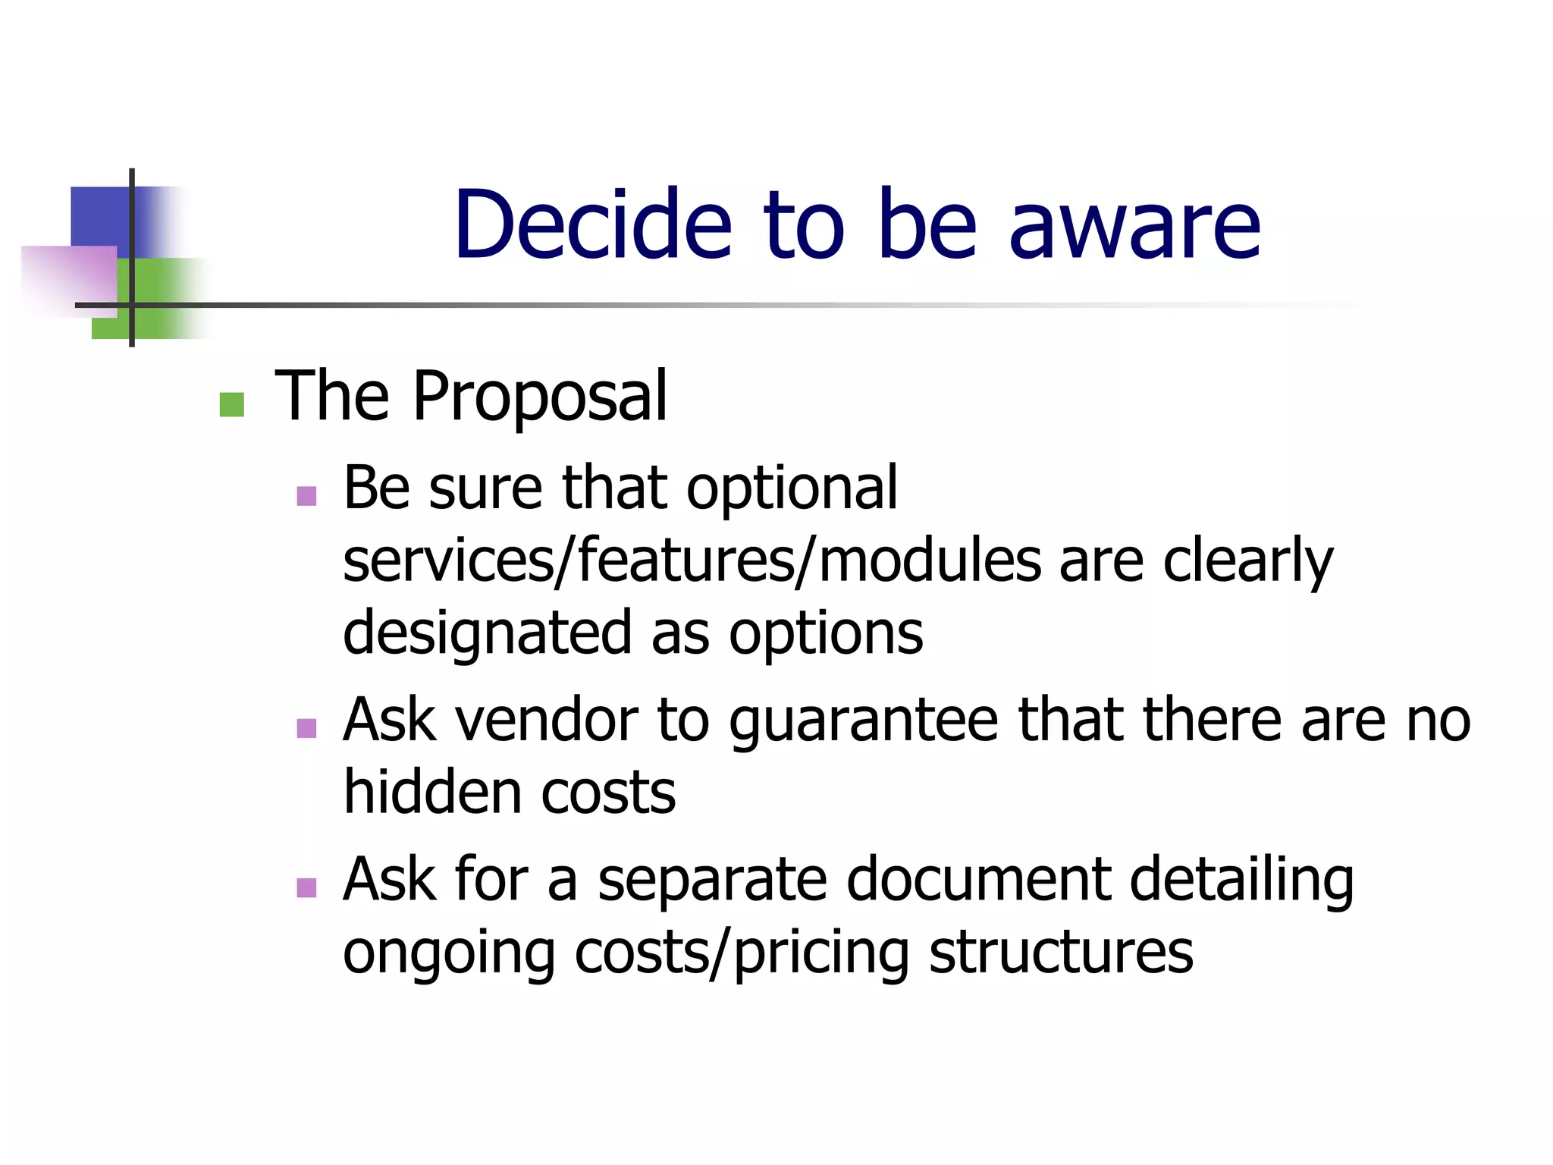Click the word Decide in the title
pyautogui.click(x=592, y=225)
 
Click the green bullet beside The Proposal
pyautogui.click(x=231, y=404)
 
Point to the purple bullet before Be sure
pyautogui.click(x=306, y=496)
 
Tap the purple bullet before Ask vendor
pyautogui.click(x=306, y=728)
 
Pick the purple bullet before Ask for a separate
pyautogui.click(x=306, y=887)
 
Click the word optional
pyautogui.click(x=792, y=489)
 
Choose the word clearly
pyautogui.click(x=1247, y=562)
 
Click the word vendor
pyautogui.click(x=546, y=720)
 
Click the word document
pyautogui.click(x=978, y=880)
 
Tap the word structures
pyautogui.click(x=1061, y=953)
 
